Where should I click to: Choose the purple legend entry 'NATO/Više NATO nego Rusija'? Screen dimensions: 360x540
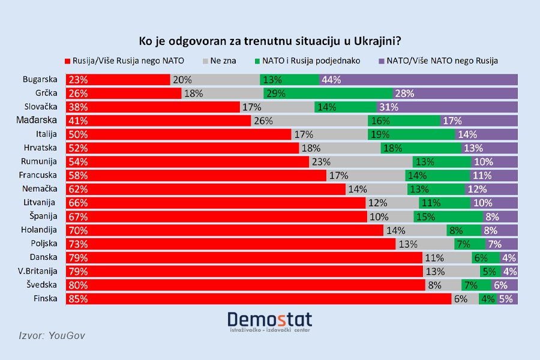coord(441,61)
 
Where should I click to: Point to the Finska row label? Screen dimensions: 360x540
coord(44,299)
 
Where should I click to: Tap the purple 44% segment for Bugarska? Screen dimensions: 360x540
coord(419,80)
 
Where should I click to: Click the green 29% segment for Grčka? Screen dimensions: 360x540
coord(328,93)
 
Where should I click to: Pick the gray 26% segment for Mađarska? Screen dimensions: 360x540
coord(309,121)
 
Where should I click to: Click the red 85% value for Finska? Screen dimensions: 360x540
coord(79,299)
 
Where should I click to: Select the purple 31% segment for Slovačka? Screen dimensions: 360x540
coord(446,107)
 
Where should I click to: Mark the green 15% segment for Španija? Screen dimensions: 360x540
coord(448,217)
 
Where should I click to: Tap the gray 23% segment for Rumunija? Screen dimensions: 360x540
coord(361,162)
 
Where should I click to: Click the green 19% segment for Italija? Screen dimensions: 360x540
coord(412,134)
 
